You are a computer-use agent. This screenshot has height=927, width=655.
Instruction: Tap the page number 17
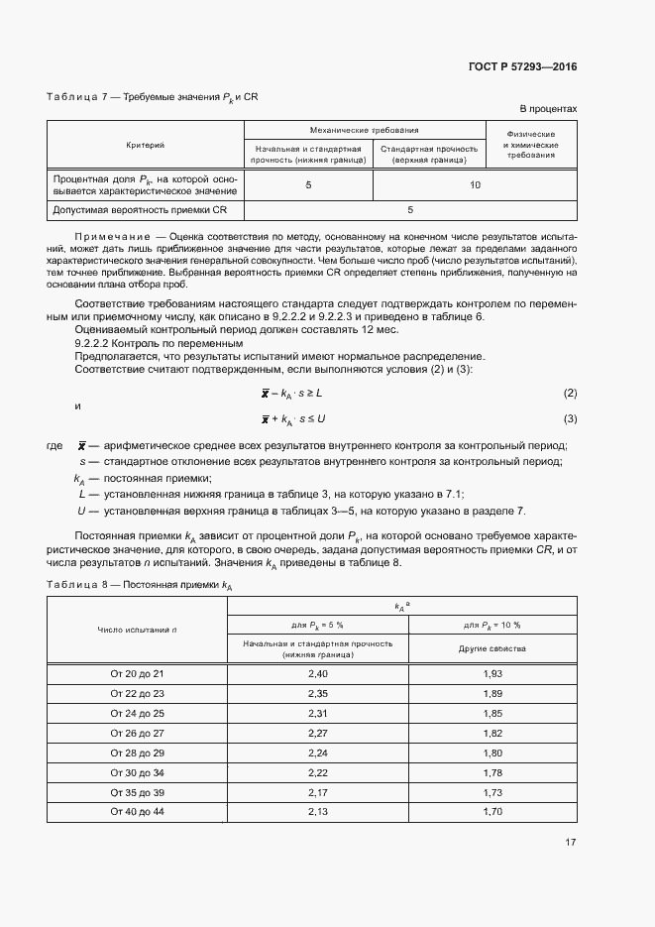click(x=570, y=843)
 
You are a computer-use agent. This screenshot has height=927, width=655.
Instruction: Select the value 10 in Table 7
click(x=476, y=185)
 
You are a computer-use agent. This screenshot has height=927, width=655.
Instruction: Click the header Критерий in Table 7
click(x=146, y=145)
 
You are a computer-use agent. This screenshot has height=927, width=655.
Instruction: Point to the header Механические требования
click(x=364, y=130)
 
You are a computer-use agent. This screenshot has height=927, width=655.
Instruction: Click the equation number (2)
click(x=570, y=394)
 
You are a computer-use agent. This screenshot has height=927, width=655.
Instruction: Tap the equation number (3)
click(x=570, y=418)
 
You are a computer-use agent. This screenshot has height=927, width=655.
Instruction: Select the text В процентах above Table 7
click(x=548, y=107)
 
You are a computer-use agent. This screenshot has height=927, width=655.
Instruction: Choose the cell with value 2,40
click(x=318, y=673)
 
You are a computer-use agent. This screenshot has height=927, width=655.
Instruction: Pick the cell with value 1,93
click(x=491, y=673)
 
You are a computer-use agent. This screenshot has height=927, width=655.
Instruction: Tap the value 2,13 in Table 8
click(x=318, y=812)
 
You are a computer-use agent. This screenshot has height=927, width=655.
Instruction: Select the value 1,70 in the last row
click(x=491, y=812)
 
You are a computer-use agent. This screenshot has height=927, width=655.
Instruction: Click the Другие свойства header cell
click(x=491, y=648)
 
